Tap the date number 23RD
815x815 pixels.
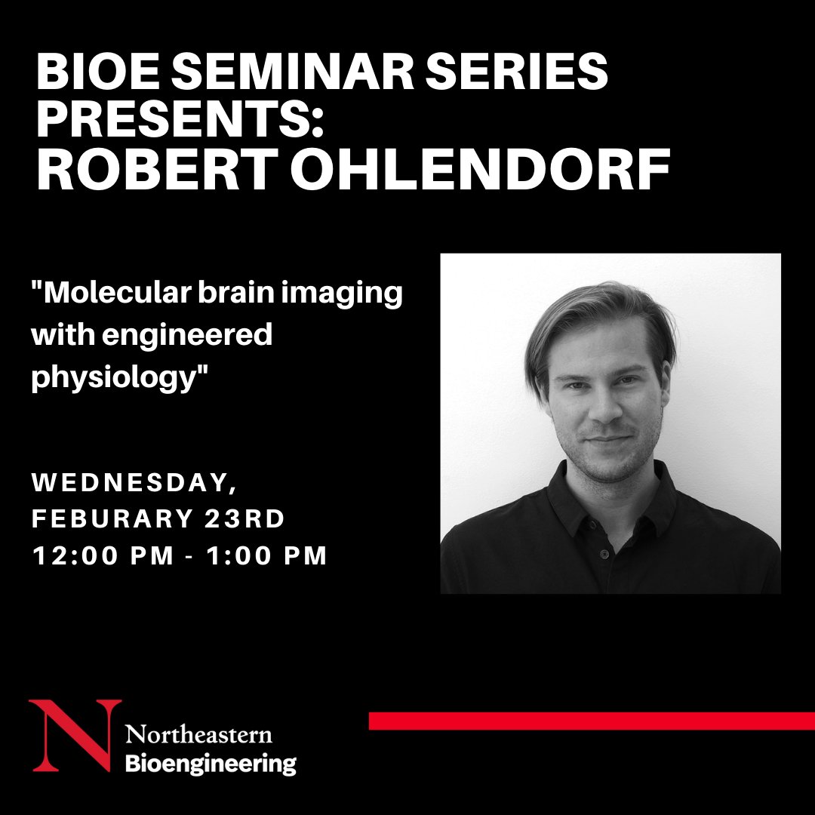(x=245, y=518)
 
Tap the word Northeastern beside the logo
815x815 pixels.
(x=198, y=734)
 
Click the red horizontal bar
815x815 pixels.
(x=592, y=721)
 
